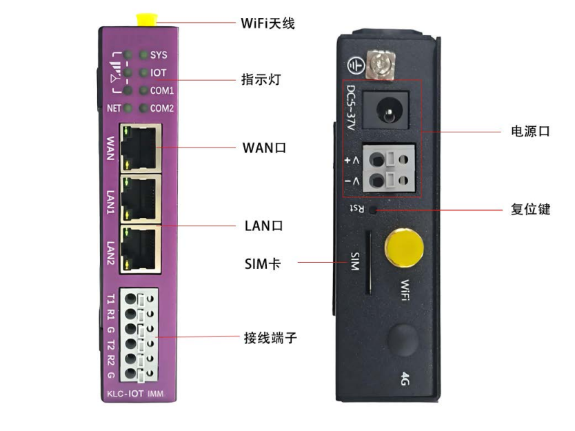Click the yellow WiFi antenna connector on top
point(145,19)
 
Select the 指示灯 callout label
point(261,80)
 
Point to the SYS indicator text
point(159,54)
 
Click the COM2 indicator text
point(162,108)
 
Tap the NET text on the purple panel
point(114,108)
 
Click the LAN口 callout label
point(264,225)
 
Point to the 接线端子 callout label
point(270,338)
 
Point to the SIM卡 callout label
point(263,263)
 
